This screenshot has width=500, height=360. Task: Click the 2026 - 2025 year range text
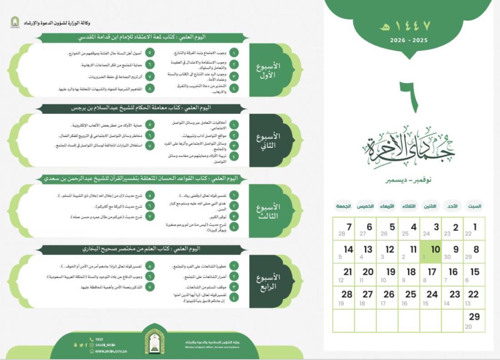[x=403, y=40]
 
